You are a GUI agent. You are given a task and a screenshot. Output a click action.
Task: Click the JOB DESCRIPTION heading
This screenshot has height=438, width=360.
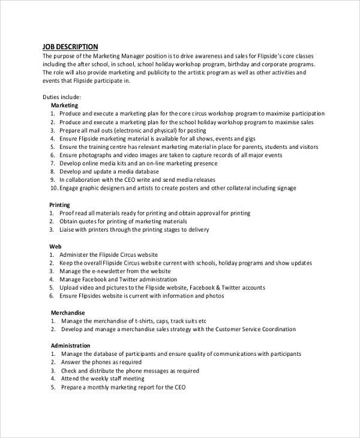pyautogui.click(x=70, y=47)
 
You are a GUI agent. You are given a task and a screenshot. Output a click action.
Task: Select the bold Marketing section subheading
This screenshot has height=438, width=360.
pyautogui.click(x=64, y=105)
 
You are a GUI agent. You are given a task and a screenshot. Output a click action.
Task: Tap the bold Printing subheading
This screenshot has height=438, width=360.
pyautogui.click(x=60, y=205)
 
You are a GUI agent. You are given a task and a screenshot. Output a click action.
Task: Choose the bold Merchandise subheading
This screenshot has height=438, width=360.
pyautogui.click(x=68, y=313)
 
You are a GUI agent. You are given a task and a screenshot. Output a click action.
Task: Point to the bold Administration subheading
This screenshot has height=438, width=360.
pyautogui.click(x=70, y=346)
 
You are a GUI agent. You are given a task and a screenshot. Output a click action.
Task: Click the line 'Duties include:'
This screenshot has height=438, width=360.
pyautogui.click(x=62, y=97)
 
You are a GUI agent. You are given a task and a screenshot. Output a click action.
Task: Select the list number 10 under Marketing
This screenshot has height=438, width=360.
pyautogui.click(x=53, y=188)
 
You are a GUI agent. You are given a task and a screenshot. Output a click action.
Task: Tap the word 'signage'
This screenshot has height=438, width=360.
pyautogui.click(x=284, y=188)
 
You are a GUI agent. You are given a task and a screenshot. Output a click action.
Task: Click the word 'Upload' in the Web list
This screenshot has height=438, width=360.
pyautogui.click(x=70, y=287)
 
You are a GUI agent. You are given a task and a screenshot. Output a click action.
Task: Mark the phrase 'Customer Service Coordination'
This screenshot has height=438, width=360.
pyautogui.click(x=256, y=329)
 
